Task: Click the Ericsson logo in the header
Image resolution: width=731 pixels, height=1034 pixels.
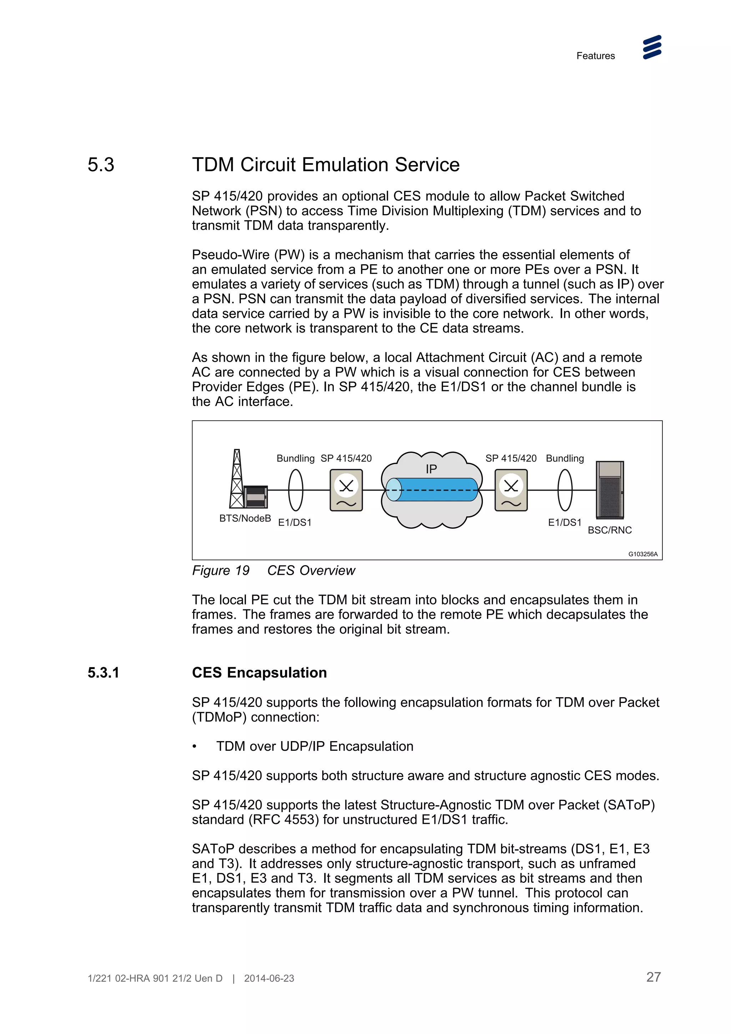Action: (x=652, y=47)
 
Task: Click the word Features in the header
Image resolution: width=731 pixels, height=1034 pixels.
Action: (x=595, y=56)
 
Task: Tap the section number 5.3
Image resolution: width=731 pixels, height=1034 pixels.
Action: (x=101, y=165)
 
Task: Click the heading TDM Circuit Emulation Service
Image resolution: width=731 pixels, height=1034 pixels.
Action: (x=325, y=165)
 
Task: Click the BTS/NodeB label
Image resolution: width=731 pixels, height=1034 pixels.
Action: (x=244, y=518)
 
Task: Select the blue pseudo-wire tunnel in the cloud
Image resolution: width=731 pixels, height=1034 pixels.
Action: (x=432, y=490)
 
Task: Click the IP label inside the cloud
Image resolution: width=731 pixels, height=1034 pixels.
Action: (x=431, y=469)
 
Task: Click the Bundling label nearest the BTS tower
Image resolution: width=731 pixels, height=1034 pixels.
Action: (x=295, y=458)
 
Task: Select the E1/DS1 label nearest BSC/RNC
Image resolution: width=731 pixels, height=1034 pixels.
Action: (x=564, y=522)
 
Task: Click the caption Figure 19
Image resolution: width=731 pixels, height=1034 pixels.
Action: (x=221, y=571)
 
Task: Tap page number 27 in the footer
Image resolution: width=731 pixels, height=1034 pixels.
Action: (x=653, y=977)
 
